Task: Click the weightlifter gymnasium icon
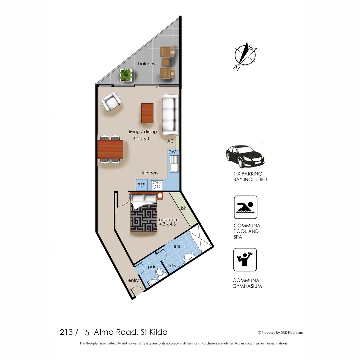(245, 259)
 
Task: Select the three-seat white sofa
(170, 114)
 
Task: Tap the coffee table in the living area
(147, 113)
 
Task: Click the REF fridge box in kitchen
(141, 185)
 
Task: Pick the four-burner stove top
(156, 185)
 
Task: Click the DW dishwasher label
(172, 152)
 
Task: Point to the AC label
(171, 141)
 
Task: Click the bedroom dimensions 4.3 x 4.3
(167, 224)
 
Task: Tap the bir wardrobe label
(183, 208)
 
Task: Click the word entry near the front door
(133, 280)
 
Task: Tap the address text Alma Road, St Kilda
(131, 332)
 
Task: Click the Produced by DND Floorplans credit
(280, 332)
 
